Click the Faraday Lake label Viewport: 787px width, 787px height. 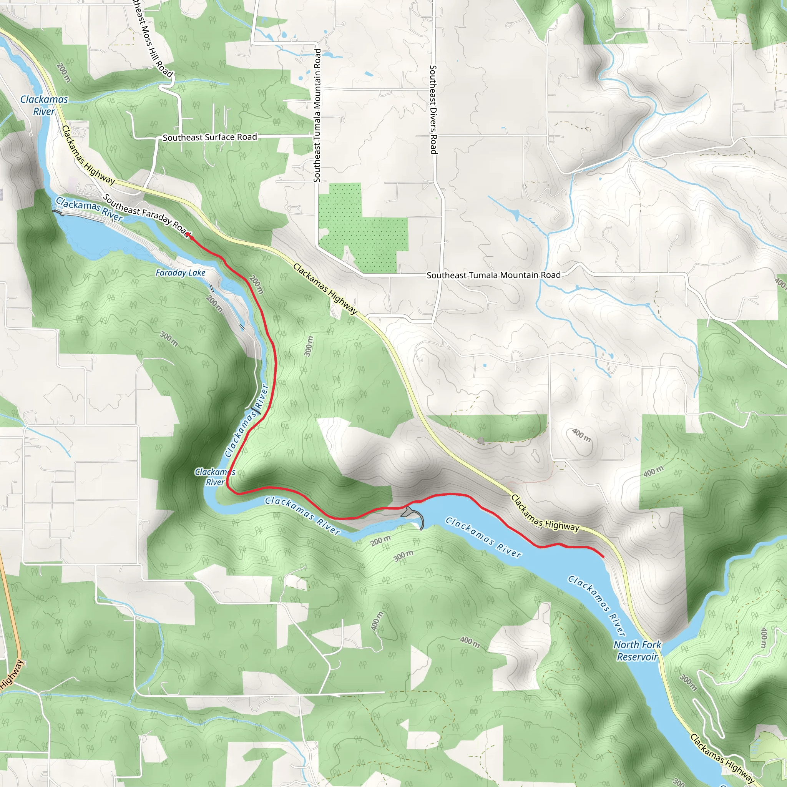(x=181, y=272)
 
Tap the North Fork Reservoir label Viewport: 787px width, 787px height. (x=637, y=651)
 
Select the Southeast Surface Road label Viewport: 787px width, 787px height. (x=210, y=137)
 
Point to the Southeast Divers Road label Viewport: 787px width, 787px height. (x=433, y=110)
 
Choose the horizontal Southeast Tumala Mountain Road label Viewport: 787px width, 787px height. (x=493, y=275)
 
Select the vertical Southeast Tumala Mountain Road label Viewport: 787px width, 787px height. (x=317, y=115)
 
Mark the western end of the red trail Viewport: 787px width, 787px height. (x=188, y=235)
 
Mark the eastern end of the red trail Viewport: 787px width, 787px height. (x=603, y=556)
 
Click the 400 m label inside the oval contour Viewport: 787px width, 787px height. (x=581, y=435)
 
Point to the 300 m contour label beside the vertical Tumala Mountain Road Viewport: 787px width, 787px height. (x=309, y=346)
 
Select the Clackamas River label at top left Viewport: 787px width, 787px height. (x=44, y=105)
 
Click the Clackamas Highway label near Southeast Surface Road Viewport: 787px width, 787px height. (x=88, y=155)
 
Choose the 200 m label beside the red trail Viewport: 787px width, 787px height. (x=257, y=285)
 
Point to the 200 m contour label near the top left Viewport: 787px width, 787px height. (x=64, y=73)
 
